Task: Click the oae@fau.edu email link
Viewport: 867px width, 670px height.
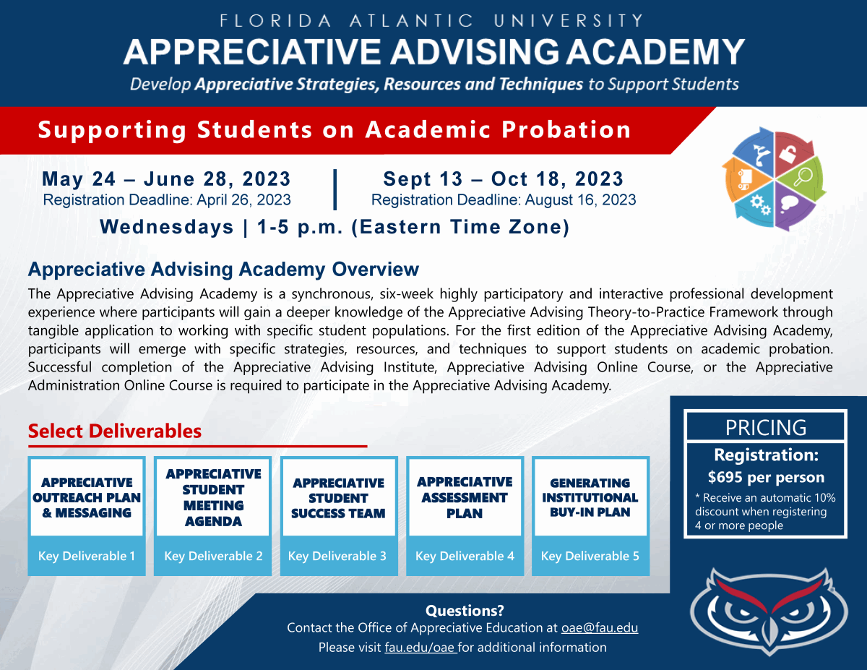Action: tap(599, 628)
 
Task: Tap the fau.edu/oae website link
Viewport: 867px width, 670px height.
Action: tap(420, 648)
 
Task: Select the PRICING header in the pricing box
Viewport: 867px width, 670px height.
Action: tap(765, 428)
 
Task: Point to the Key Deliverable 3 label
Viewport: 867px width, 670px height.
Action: tap(337, 556)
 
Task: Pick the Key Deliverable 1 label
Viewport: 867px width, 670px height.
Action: tap(87, 556)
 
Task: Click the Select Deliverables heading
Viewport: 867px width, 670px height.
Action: tap(115, 431)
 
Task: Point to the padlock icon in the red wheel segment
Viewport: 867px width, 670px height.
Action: tap(788, 154)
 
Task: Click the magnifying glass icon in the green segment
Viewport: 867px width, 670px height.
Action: tap(803, 177)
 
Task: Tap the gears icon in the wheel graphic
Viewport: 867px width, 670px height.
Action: tap(760, 205)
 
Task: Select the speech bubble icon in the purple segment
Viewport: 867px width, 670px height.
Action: tap(788, 205)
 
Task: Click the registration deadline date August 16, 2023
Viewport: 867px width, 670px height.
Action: tap(580, 200)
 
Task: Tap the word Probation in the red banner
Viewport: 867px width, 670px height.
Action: tap(566, 129)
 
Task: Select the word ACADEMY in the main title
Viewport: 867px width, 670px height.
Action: tap(656, 52)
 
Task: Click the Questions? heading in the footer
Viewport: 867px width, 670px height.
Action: tap(465, 611)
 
